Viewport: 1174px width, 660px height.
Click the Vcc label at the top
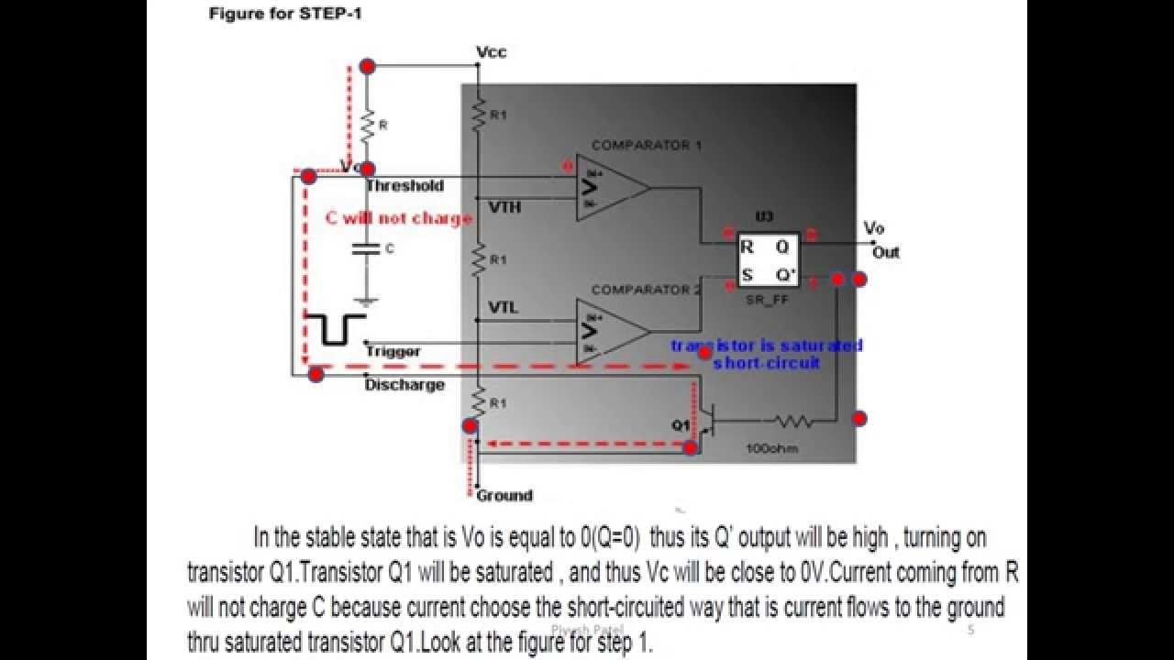point(492,52)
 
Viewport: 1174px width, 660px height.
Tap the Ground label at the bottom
point(504,496)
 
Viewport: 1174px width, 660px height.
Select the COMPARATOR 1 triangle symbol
point(609,188)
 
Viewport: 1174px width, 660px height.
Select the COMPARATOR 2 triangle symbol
point(609,332)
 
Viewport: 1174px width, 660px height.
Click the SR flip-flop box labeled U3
point(768,259)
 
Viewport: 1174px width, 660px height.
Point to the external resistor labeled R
point(367,125)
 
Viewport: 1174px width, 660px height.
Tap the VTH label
point(504,207)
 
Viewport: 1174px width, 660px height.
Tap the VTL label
point(503,308)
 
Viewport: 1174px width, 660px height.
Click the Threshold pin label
point(404,186)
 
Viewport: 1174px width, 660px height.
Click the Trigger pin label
point(393,351)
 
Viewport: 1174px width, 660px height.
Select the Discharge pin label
point(404,385)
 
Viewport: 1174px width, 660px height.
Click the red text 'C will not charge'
point(399,218)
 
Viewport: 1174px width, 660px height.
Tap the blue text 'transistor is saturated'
point(766,346)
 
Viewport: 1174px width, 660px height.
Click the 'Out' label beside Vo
point(886,252)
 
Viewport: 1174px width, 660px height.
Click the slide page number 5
point(970,630)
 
